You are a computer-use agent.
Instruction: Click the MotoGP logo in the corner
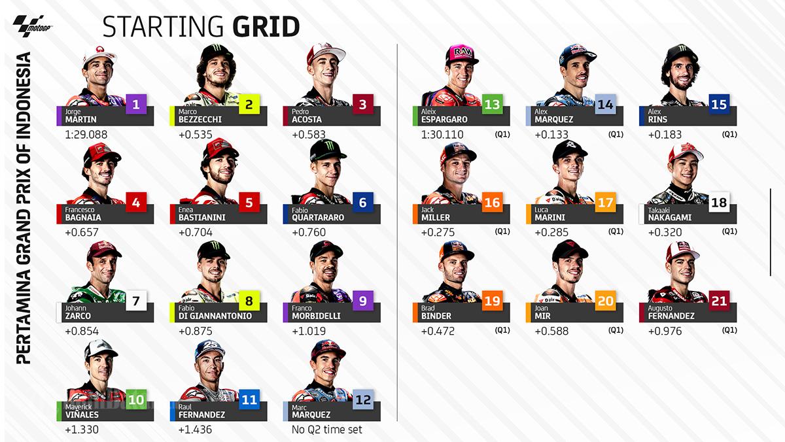(x=23, y=26)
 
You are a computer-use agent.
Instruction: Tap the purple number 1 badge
(x=136, y=103)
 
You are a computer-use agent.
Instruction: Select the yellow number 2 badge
(x=249, y=103)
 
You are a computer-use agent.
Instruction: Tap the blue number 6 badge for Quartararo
(x=362, y=202)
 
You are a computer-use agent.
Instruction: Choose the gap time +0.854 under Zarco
(x=81, y=331)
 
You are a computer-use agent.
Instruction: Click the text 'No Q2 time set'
(x=326, y=430)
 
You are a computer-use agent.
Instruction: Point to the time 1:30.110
(x=442, y=135)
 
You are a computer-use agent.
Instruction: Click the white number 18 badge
(x=719, y=202)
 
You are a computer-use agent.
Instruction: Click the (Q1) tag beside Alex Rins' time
(x=729, y=135)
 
